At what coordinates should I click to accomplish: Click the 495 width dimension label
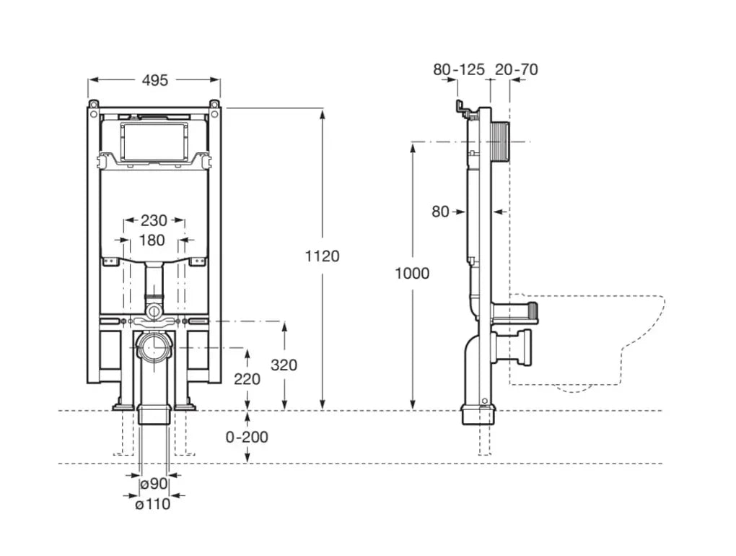tap(154, 80)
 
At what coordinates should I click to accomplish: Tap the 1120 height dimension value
tap(322, 256)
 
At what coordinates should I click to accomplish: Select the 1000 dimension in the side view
tap(412, 273)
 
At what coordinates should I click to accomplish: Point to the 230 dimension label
tap(154, 220)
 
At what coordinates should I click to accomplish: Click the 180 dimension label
tap(152, 240)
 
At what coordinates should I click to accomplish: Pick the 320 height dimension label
tap(284, 365)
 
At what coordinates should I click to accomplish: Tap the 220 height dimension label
tap(247, 378)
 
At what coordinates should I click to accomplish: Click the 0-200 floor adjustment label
tap(247, 436)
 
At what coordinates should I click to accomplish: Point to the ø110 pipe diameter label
tap(153, 503)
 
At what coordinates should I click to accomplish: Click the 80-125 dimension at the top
tap(459, 70)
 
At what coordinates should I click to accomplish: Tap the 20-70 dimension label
tap(517, 70)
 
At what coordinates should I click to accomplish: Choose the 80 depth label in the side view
tap(440, 212)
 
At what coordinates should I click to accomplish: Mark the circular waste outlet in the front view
tap(154, 348)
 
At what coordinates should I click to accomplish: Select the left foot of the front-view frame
tap(123, 402)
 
